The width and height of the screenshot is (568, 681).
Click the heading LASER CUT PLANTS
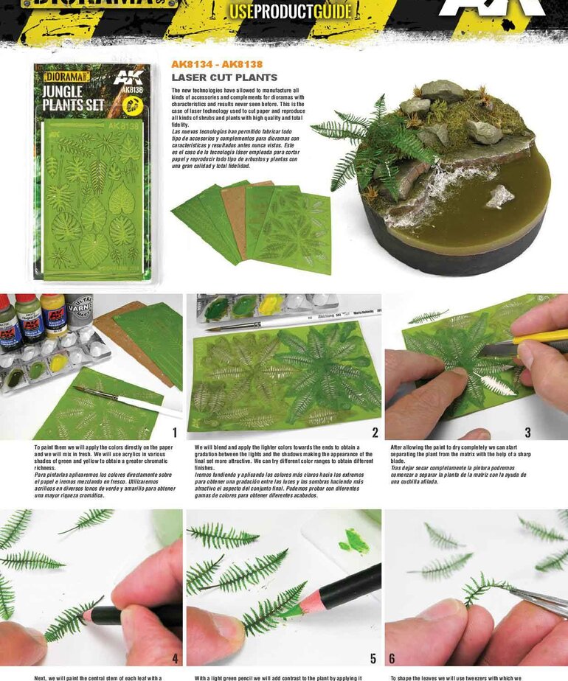(x=224, y=77)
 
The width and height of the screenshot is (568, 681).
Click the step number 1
(x=174, y=433)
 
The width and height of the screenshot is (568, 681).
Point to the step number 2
(x=375, y=433)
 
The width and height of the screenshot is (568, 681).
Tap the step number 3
(x=548, y=433)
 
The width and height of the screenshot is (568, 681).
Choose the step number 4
(x=174, y=658)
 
